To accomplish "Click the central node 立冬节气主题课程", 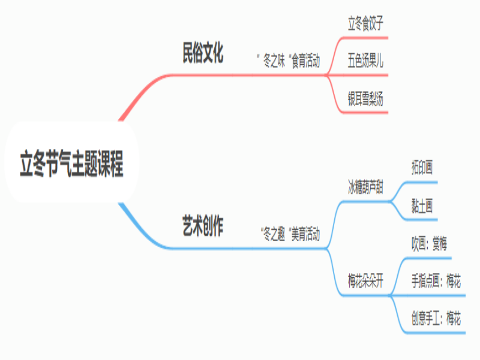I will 71,163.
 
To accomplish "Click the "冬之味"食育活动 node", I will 288,61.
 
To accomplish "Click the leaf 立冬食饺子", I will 365,25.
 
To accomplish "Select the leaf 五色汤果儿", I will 365,61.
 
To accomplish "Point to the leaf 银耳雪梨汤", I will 365,98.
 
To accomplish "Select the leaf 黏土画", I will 422,205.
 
